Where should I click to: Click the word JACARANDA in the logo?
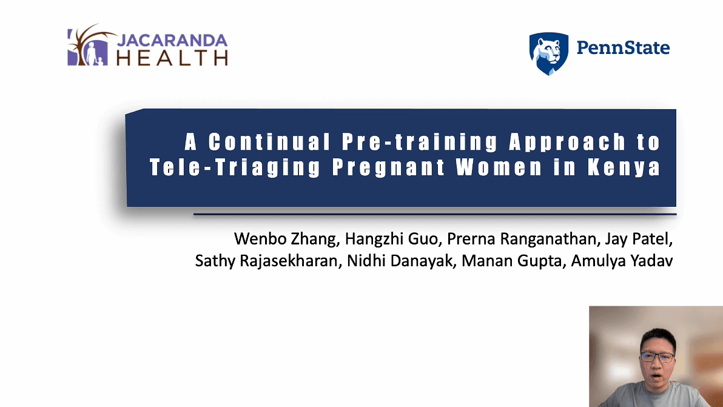(171, 41)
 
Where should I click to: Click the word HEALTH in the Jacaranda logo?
(171, 58)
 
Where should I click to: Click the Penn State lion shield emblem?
(548, 53)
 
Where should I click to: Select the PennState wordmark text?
(622, 48)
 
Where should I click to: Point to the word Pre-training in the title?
(419, 143)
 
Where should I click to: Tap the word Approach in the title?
(567, 143)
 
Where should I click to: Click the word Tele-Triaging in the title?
(235, 168)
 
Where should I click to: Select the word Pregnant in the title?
(388, 168)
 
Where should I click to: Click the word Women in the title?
(499, 168)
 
